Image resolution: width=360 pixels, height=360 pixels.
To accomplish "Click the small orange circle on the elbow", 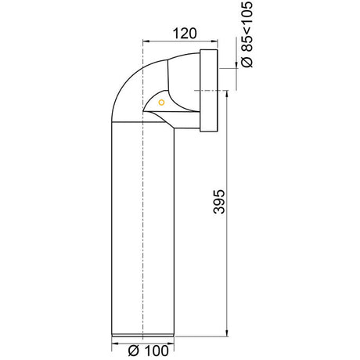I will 161,102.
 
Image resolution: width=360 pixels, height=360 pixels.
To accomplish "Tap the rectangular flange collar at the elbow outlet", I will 208,91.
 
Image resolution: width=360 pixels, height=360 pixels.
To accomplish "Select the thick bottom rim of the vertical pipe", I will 142,337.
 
